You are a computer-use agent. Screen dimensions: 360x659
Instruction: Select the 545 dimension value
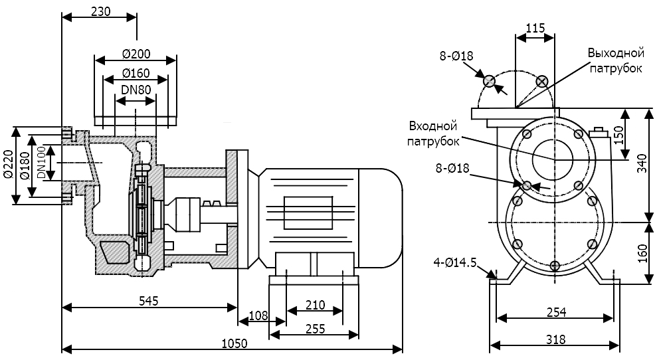pos(149,301)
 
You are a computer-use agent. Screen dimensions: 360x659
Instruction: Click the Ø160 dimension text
pos(136,73)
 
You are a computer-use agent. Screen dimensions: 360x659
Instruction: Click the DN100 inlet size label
pos(41,163)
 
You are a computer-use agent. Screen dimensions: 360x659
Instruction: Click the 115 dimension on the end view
pos(535,28)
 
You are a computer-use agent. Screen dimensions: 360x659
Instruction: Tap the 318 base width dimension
pos(555,339)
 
